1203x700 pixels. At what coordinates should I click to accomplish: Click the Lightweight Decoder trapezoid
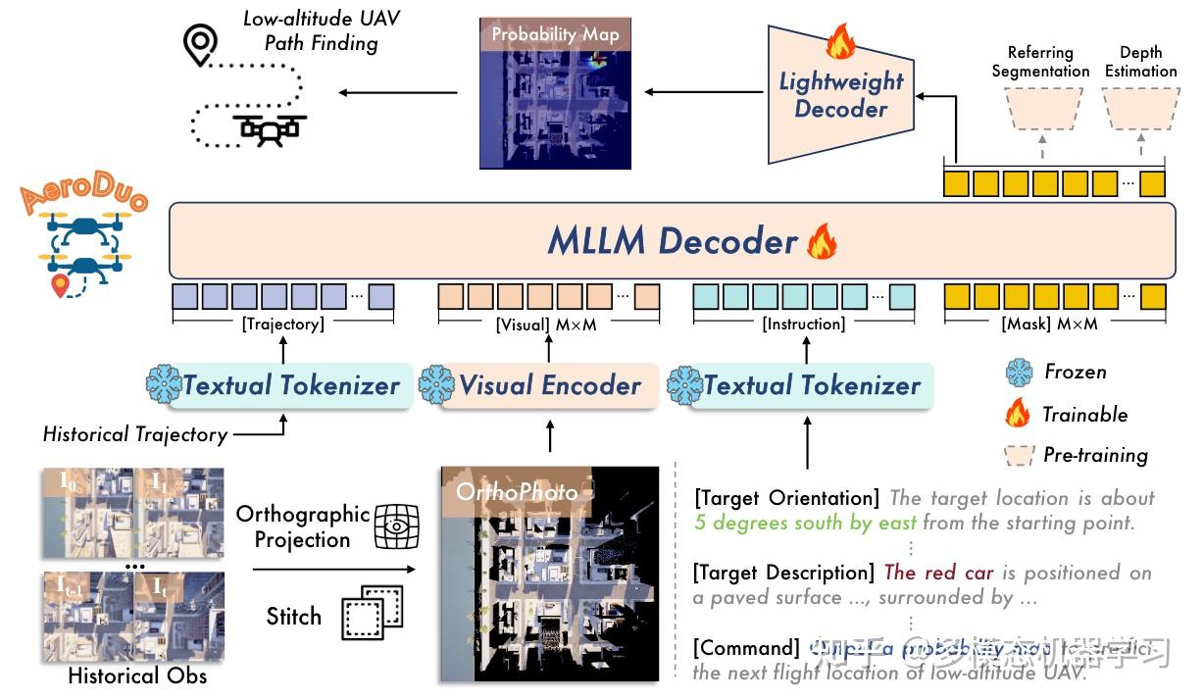(x=840, y=95)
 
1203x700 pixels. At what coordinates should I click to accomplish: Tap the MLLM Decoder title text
(x=672, y=241)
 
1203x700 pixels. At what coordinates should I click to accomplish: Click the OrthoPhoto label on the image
(x=516, y=490)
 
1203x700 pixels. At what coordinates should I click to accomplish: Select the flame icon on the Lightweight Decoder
(x=840, y=42)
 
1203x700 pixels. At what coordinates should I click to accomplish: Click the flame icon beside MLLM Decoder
(x=820, y=242)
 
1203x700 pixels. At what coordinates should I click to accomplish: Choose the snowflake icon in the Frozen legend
(x=1020, y=373)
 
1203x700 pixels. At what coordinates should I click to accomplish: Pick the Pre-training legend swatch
(x=1020, y=455)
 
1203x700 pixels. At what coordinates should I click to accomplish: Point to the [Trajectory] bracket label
(x=284, y=324)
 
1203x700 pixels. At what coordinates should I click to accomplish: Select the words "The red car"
(x=938, y=573)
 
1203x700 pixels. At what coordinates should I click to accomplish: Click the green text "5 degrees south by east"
(x=805, y=524)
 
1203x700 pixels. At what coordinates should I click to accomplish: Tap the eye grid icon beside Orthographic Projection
(x=396, y=526)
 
